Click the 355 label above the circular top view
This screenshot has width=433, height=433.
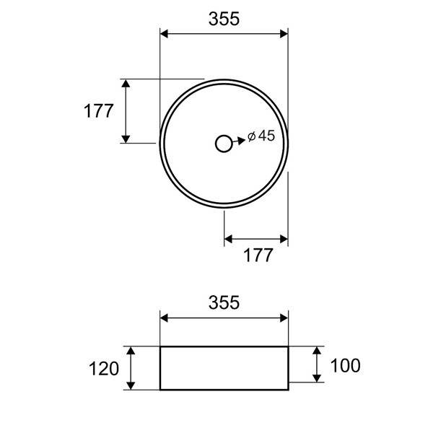coord(224,19)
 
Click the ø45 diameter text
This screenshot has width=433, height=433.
coord(261,136)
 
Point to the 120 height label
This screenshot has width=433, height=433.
coord(104,369)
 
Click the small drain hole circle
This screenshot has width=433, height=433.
coord(224,143)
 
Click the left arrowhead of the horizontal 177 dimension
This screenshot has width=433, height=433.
coord(229,237)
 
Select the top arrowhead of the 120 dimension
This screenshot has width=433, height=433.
coord(131,351)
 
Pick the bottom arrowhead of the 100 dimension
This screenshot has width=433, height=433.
coord(316,377)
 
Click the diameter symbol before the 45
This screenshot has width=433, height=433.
coord(250,136)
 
